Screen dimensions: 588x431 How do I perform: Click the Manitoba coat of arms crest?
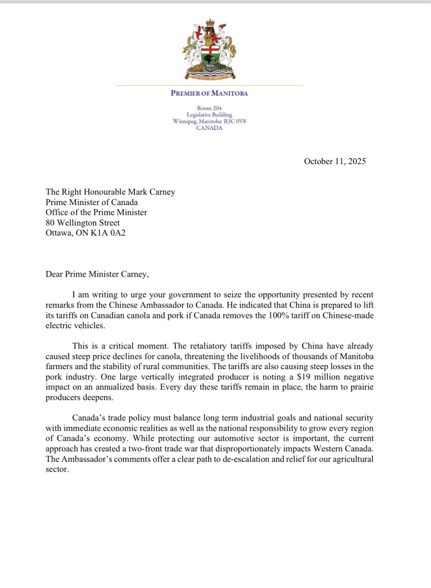(x=209, y=50)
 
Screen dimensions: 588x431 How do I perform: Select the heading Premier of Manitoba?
(x=209, y=93)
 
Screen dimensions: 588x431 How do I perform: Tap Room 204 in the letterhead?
(x=209, y=108)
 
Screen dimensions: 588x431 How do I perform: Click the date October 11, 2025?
(x=335, y=162)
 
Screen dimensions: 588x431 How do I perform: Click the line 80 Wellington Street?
(x=83, y=223)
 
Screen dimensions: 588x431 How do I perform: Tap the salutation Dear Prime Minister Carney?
(x=97, y=274)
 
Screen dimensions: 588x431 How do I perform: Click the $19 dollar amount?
(x=304, y=377)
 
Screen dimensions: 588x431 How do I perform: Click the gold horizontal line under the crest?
(x=209, y=85)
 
